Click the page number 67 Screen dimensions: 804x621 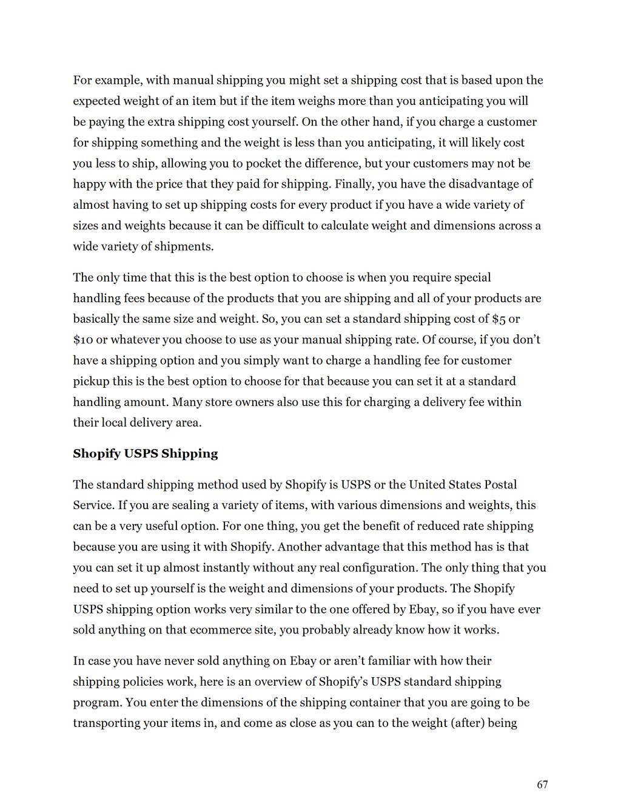pos(542,785)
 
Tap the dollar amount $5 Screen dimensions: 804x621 pos(498,319)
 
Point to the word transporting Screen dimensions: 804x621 pos(106,723)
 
